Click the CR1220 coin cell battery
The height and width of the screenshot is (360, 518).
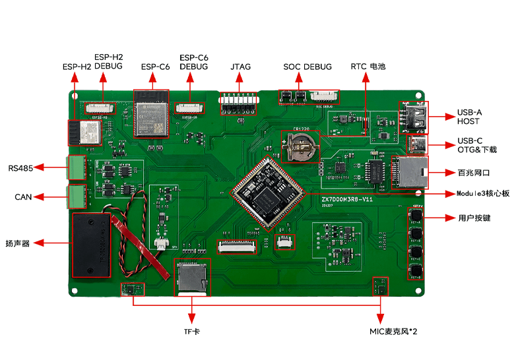coord(300,146)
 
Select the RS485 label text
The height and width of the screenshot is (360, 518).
coord(20,167)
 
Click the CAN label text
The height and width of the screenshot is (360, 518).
coord(24,196)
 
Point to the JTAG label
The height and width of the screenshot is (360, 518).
coord(240,67)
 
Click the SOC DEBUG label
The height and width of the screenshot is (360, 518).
coord(308,67)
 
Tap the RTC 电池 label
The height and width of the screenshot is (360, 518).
coord(368,67)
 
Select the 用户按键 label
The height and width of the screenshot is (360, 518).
coord(474,218)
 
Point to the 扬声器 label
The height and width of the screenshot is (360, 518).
coord(17,243)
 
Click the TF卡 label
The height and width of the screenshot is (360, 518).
coord(191,330)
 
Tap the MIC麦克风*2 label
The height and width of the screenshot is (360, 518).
coord(393,330)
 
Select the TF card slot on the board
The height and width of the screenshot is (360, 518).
coord(191,277)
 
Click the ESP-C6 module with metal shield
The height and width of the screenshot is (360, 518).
coord(151,113)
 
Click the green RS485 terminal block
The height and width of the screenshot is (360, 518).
coord(77,167)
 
